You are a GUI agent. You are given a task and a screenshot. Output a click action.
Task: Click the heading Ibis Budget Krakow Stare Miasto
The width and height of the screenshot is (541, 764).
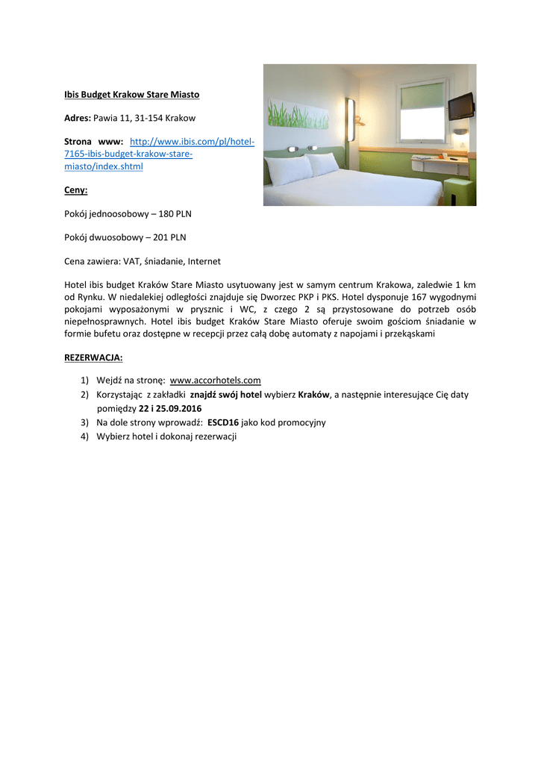click(131, 95)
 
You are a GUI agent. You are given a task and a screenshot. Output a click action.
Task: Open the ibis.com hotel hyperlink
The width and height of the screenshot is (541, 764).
click(160, 154)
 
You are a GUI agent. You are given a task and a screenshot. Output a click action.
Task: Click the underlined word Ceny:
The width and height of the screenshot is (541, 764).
click(76, 190)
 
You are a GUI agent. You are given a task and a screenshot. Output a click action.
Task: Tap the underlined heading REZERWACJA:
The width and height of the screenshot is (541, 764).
click(93, 357)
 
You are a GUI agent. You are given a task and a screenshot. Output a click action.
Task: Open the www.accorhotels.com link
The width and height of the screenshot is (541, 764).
click(215, 381)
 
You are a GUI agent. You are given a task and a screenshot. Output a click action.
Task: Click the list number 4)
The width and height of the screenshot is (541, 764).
click(85, 436)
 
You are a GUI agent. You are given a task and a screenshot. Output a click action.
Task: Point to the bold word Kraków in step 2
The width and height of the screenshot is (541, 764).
click(313, 395)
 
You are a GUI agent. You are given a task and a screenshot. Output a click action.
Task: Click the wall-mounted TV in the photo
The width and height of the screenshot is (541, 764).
click(460, 106)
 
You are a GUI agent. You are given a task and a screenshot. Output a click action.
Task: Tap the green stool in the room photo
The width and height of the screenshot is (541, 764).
click(458, 192)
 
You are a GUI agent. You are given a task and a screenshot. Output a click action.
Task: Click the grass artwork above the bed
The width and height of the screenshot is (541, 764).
click(298, 114)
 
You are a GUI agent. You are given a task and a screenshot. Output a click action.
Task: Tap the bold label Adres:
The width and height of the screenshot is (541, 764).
click(78, 118)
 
